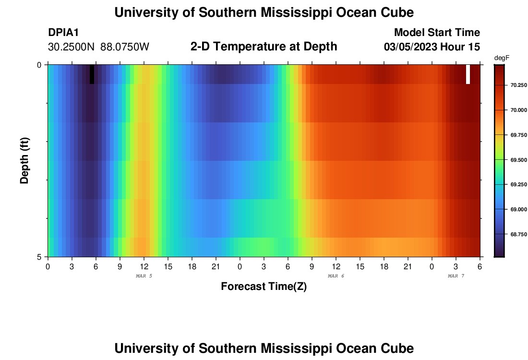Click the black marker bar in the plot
click(x=92, y=74)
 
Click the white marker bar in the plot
click(x=468, y=74)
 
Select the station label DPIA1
click(x=63, y=33)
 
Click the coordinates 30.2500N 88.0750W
click(x=99, y=47)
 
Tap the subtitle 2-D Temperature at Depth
click(x=264, y=47)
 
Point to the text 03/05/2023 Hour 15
click(x=432, y=47)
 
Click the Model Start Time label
click(x=437, y=33)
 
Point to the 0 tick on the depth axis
click(x=39, y=65)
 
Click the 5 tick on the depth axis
click(x=39, y=257)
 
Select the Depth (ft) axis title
click(x=25, y=160)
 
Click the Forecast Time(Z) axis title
click(x=264, y=287)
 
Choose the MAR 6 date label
click(x=336, y=276)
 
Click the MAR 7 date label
click(x=456, y=276)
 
